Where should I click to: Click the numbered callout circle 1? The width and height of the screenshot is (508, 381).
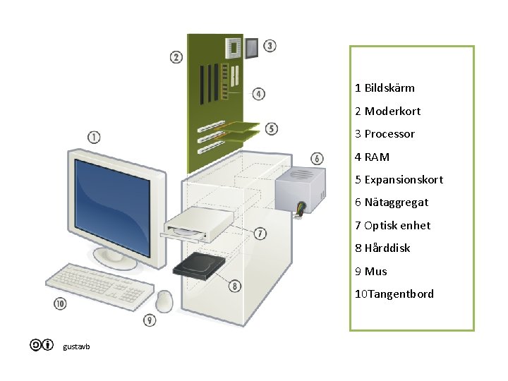[x=94, y=137]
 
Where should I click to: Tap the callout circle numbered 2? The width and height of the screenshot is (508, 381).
[x=176, y=57]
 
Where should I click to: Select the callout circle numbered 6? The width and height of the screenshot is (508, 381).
[x=317, y=159]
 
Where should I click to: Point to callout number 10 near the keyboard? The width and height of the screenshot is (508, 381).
[x=60, y=304]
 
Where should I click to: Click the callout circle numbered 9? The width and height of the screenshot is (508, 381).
[x=150, y=320]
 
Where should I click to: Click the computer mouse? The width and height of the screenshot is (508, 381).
[x=165, y=301]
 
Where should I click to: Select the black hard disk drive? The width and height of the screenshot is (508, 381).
[x=199, y=265]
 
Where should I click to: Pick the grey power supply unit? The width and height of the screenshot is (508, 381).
[x=301, y=187]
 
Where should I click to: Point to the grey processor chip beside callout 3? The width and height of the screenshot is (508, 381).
[x=252, y=47]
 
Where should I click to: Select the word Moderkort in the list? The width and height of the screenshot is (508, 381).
[x=392, y=111]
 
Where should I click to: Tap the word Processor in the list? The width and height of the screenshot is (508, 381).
[x=389, y=134]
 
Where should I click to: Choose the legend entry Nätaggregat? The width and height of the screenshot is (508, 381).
[x=396, y=202]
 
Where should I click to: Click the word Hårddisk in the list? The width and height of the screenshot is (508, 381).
[x=387, y=248]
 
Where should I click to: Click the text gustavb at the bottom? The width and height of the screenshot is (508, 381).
[x=76, y=346]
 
